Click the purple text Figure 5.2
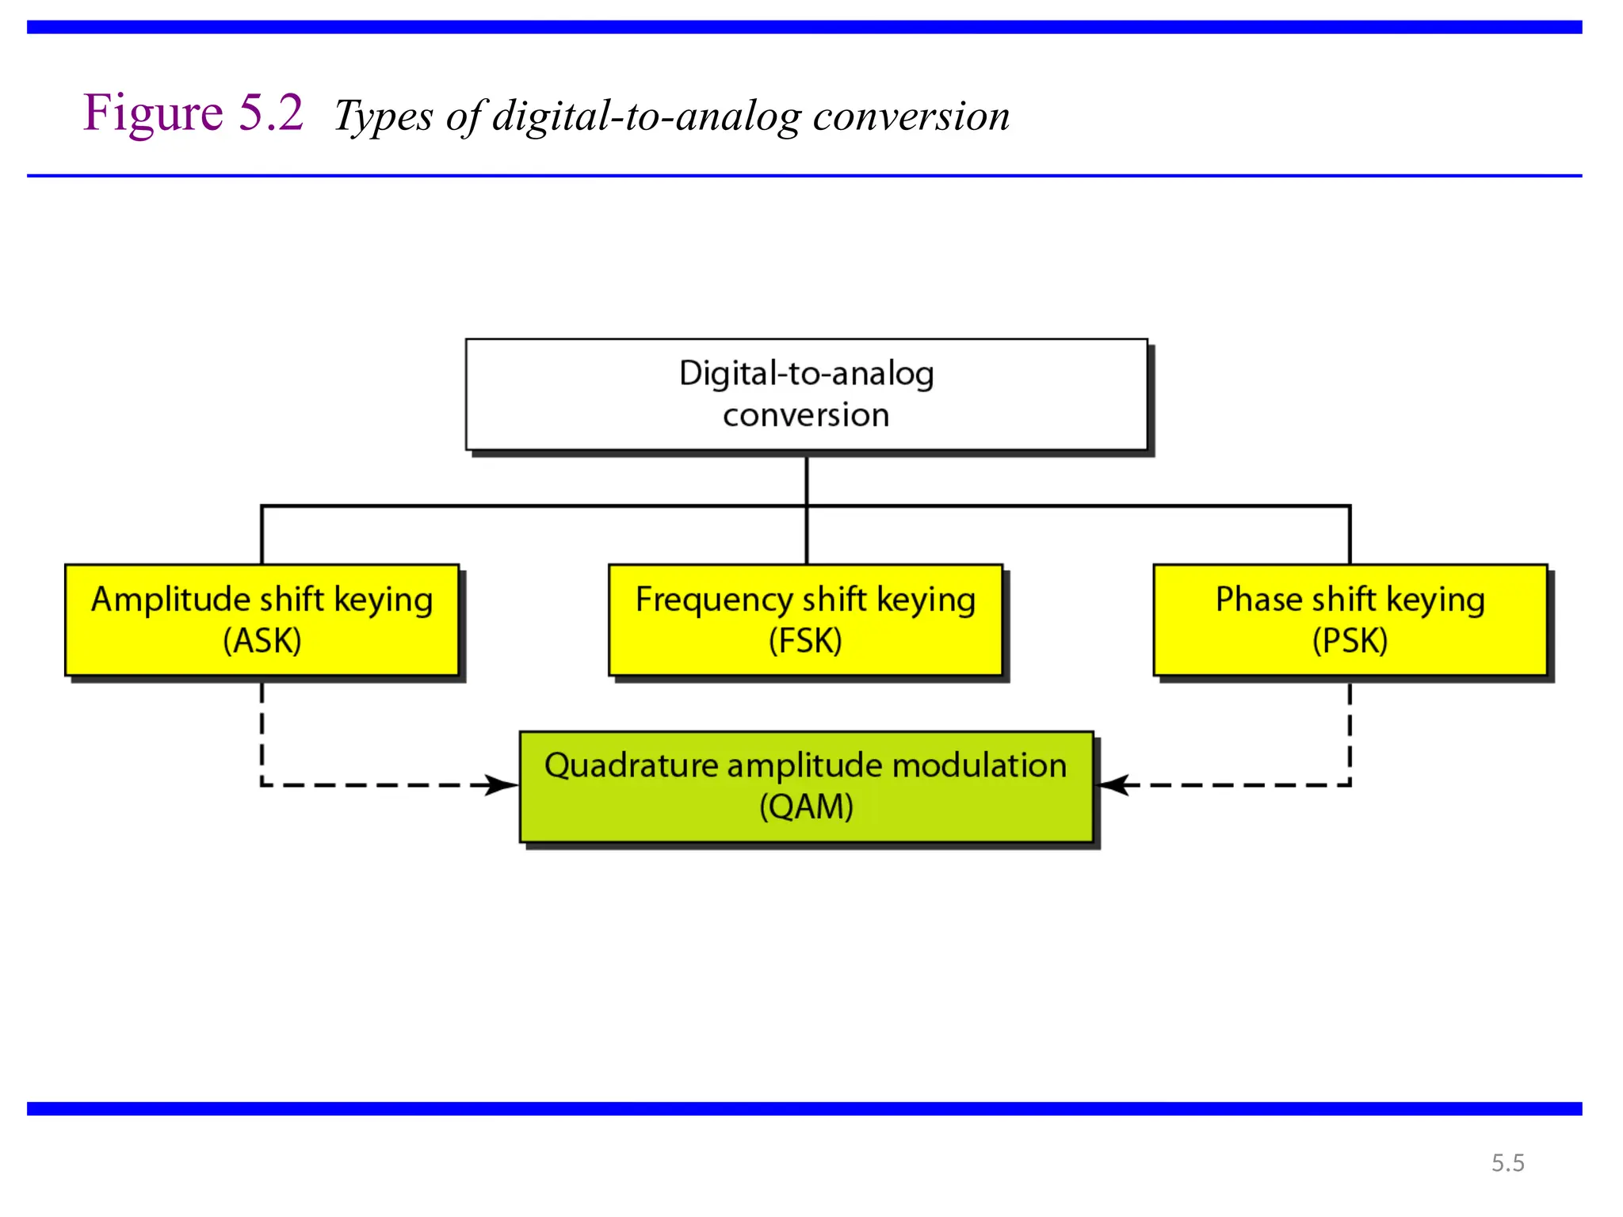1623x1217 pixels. click(193, 113)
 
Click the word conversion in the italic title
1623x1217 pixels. click(911, 116)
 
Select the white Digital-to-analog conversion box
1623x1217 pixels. click(806, 395)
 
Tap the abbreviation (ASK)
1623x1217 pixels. click(262, 640)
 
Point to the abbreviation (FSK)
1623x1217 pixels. click(805, 640)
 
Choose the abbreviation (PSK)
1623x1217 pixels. click(1350, 640)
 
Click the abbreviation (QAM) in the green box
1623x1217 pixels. click(806, 807)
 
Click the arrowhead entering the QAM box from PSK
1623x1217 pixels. click(1112, 785)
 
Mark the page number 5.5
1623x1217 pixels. click(1507, 1162)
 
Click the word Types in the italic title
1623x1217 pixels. click(384, 116)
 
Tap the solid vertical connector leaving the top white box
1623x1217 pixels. click(806, 479)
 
